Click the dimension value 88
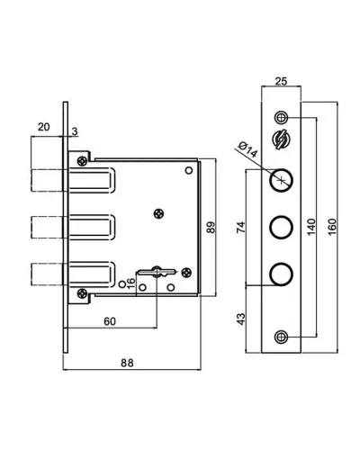[127, 363]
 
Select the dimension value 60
[110, 321]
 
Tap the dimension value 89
[211, 227]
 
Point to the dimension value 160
[332, 227]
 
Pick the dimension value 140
[311, 227]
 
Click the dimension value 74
[241, 227]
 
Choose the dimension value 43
[241, 319]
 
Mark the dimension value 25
[281, 81]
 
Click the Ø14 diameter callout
[247, 149]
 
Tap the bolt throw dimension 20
[43, 127]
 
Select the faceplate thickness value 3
[75, 131]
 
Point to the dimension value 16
[131, 283]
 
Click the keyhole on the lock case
[157, 272]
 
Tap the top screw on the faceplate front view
[281, 117]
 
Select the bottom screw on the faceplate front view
[281, 337]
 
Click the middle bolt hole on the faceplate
[281, 228]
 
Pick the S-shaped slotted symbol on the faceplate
[281, 139]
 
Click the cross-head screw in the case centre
[159, 214]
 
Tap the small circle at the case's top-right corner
[189, 171]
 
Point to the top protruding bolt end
[48, 179]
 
